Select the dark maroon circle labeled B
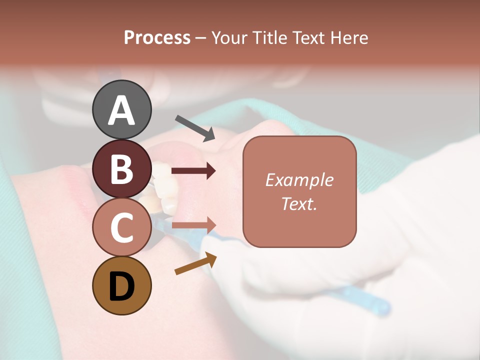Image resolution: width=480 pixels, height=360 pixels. pos(121,169)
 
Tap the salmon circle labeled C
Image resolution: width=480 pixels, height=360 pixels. pos(121,227)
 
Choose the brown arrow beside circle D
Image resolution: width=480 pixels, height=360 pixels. pos(195,263)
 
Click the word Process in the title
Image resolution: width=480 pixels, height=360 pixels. pos(157,38)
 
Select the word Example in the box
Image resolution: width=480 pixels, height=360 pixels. pos(299,180)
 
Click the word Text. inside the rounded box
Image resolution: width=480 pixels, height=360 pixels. pos(299,204)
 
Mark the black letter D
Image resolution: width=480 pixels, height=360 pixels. pos(121,287)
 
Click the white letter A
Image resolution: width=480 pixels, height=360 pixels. pos(121,110)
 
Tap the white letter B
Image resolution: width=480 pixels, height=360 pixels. pos(121,169)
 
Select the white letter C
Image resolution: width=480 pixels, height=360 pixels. pos(121,227)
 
